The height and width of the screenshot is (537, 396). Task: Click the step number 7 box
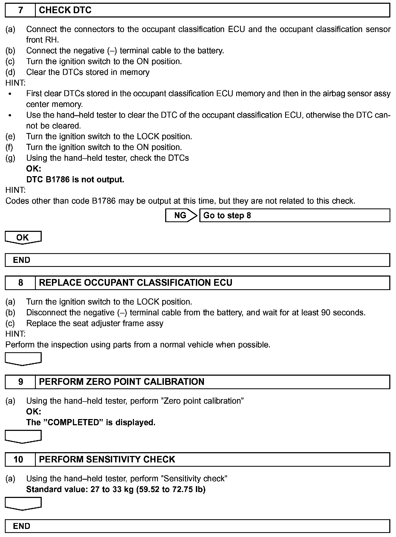(x=20, y=11)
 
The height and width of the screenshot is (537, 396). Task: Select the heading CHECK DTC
(x=65, y=11)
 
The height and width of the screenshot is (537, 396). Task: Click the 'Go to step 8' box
(x=295, y=215)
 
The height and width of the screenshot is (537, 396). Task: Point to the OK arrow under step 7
(x=23, y=238)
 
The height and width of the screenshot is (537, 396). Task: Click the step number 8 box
(x=20, y=283)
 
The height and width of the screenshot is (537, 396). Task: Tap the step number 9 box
(x=20, y=382)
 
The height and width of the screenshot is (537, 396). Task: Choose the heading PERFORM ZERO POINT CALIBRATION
(x=122, y=382)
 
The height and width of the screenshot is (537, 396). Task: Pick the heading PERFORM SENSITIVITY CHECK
(x=107, y=459)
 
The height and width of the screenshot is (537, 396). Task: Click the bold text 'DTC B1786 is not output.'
(x=75, y=180)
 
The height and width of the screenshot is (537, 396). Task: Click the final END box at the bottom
(x=197, y=526)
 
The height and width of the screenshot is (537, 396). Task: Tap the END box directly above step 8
(x=197, y=260)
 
